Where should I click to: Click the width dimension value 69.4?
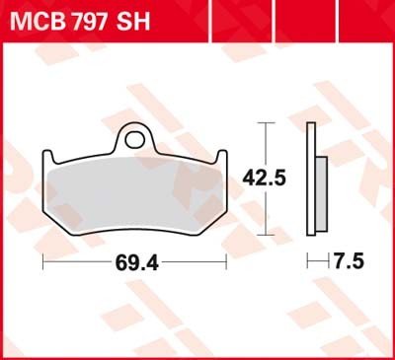click(137, 263)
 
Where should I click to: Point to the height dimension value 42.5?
click(264, 179)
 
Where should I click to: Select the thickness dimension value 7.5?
click(350, 261)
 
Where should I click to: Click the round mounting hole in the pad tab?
click(134, 140)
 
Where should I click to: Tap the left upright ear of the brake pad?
click(48, 157)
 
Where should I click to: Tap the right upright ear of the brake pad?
click(221, 157)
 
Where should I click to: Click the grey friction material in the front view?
click(135, 193)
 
